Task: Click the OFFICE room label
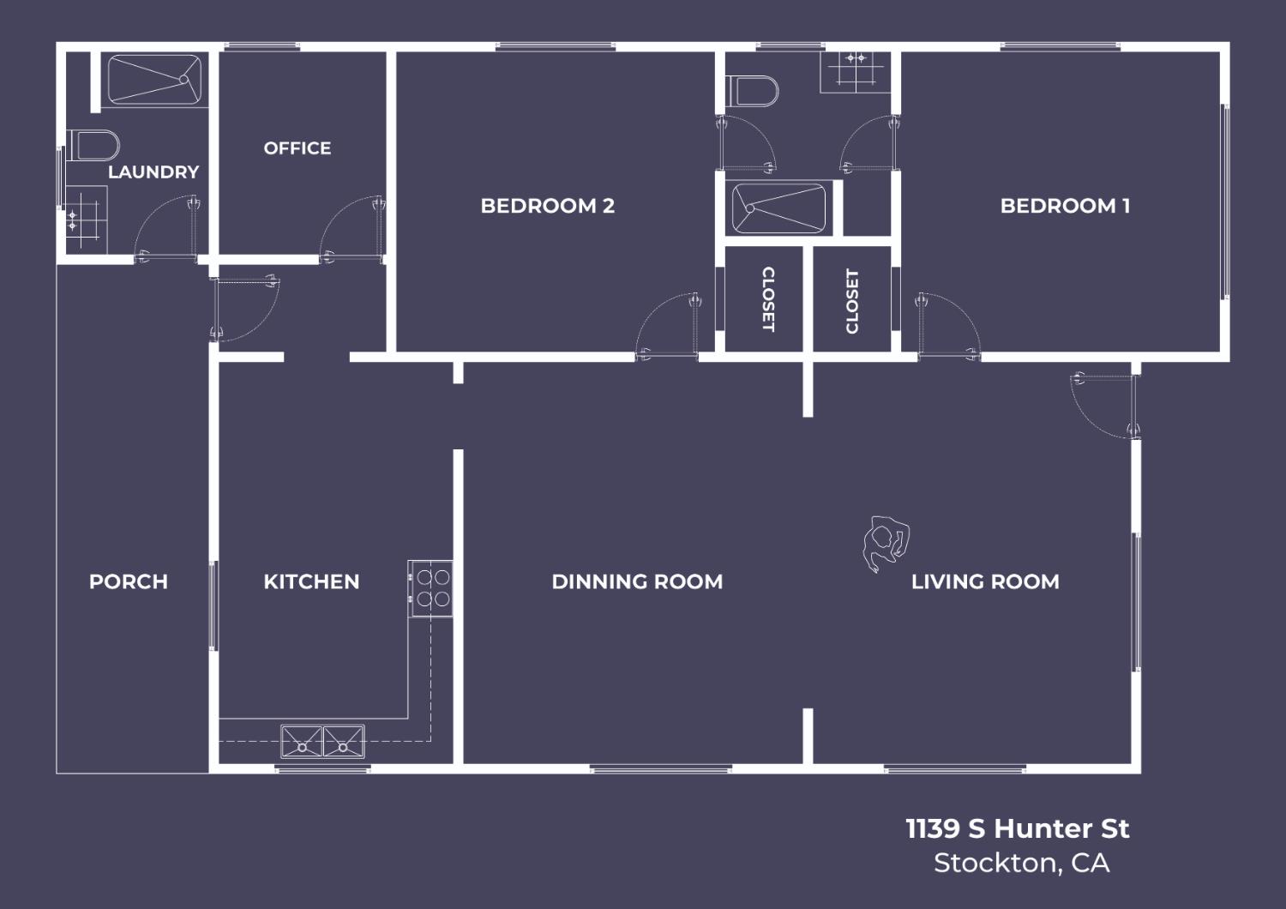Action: coord(297,148)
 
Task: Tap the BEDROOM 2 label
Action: coord(548,206)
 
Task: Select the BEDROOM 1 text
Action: coord(1065,206)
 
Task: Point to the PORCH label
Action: coord(129,581)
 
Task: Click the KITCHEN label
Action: coord(312,581)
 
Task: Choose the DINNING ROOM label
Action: coord(637,581)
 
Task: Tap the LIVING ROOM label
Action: coord(985,581)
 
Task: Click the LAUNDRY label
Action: coord(153,172)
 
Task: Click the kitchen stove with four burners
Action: coord(430,588)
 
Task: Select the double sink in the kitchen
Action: coord(322,741)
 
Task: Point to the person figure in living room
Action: coord(886,543)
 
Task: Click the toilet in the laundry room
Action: coord(93,145)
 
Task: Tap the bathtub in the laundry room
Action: coord(155,80)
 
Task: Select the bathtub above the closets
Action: coord(779,208)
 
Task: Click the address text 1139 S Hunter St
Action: coord(1018,828)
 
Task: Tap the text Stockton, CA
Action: coord(1021,863)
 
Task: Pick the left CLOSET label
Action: coord(767,299)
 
